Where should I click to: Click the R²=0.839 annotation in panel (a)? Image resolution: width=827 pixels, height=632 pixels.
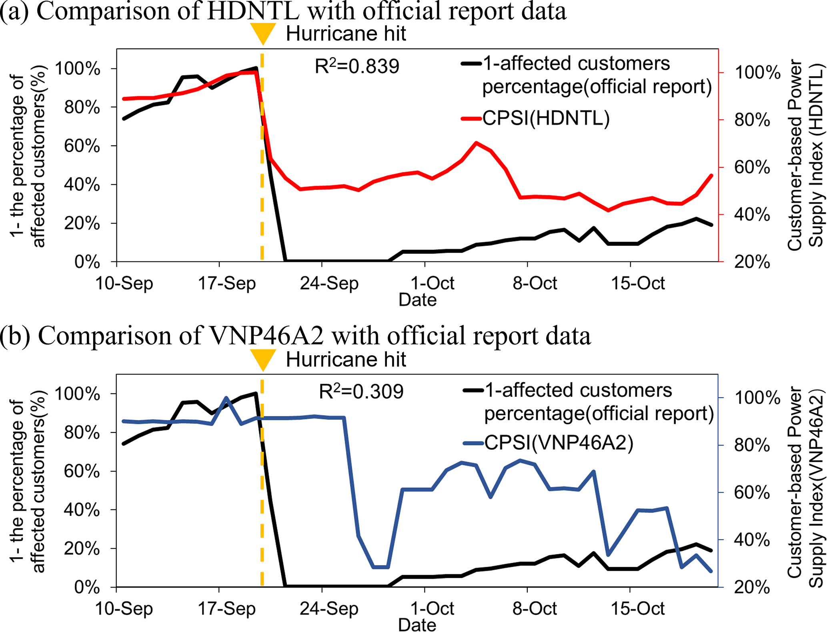pos(357,66)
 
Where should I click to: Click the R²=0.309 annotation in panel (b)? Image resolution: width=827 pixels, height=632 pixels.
pos(361,392)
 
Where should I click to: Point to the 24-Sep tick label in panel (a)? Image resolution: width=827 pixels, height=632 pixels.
pos(329,284)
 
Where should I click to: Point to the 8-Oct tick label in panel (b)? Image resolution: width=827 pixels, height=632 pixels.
pos(535,609)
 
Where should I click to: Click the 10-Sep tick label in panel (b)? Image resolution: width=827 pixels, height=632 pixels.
pos(124,609)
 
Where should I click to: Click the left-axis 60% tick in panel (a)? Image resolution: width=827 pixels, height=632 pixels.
pos(82,146)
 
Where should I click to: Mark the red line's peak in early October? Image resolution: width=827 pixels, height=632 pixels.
pos(476,143)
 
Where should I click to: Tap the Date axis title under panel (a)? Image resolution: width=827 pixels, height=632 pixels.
pos(417,300)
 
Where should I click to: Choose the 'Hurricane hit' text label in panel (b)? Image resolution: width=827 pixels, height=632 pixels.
pos(346,359)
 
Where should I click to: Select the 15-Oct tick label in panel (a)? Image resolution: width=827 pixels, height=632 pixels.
pos(638,284)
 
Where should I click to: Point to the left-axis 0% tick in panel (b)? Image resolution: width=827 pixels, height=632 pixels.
pos(87,587)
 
